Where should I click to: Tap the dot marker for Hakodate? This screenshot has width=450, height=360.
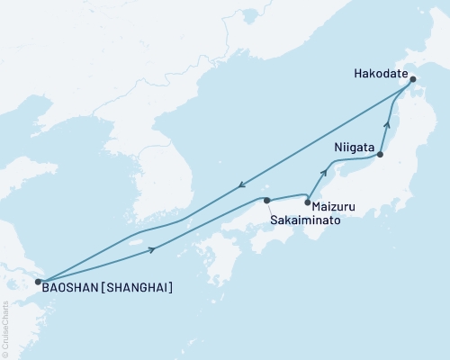tap(413, 79)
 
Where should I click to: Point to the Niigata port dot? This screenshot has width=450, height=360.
tap(380, 155)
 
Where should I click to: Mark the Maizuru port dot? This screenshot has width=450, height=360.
tap(308, 203)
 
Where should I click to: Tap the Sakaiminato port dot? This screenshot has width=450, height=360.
tap(266, 200)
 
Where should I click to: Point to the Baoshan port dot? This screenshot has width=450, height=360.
tap(37, 282)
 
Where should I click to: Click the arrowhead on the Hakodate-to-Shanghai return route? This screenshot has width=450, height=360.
tap(241, 186)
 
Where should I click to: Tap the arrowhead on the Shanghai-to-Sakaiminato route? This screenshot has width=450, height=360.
tap(159, 248)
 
